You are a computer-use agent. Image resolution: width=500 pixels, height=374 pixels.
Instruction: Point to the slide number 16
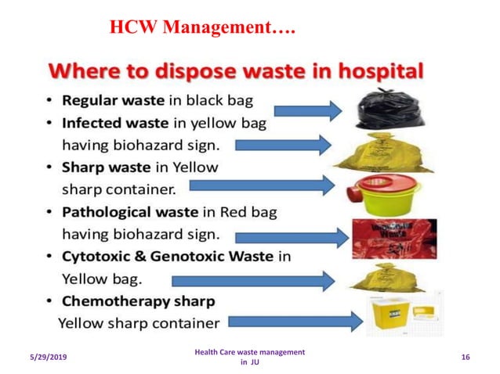466,357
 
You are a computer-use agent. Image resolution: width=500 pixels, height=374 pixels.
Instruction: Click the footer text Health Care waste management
249,352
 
